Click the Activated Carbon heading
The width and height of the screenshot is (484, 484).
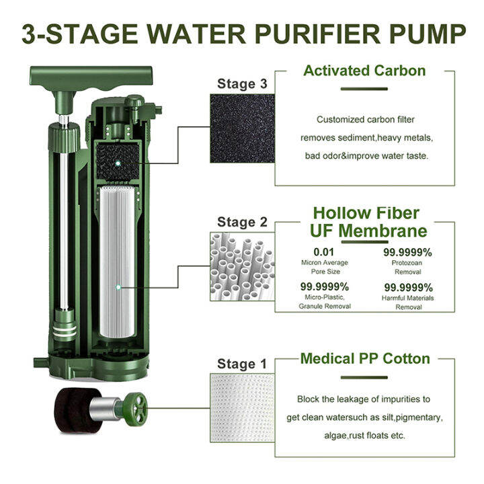(364, 71)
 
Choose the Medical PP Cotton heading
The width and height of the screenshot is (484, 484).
(364, 358)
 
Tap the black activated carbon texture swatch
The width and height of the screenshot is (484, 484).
(243, 128)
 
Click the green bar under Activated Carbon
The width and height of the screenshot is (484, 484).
(364, 88)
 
